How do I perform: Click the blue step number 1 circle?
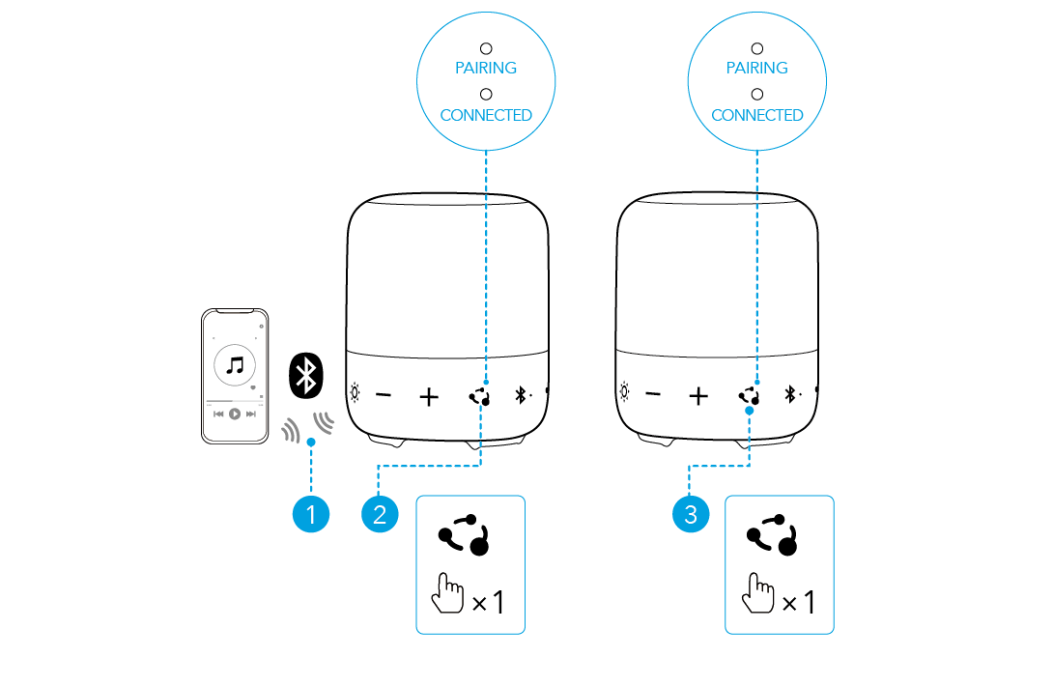coord(311,515)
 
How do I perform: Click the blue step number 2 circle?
coord(379,515)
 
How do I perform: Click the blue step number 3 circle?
coord(690,515)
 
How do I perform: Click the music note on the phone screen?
coord(235,365)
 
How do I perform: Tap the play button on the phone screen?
coord(235,414)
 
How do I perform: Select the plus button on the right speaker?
coord(698,395)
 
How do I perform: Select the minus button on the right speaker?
coord(654,394)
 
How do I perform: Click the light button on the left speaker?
coord(356,394)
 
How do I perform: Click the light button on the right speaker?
coord(625,393)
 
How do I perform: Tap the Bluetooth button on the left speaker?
coord(520,395)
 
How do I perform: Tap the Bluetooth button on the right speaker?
coord(789,394)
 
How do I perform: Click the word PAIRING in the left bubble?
coord(486,68)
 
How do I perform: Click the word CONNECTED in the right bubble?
coord(757,115)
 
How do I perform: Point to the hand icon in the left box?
coord(446,592)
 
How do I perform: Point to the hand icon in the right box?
coord(756,592)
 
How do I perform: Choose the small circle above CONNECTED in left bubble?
coord(486,94)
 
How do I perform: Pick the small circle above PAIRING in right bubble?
coord(757,47)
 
